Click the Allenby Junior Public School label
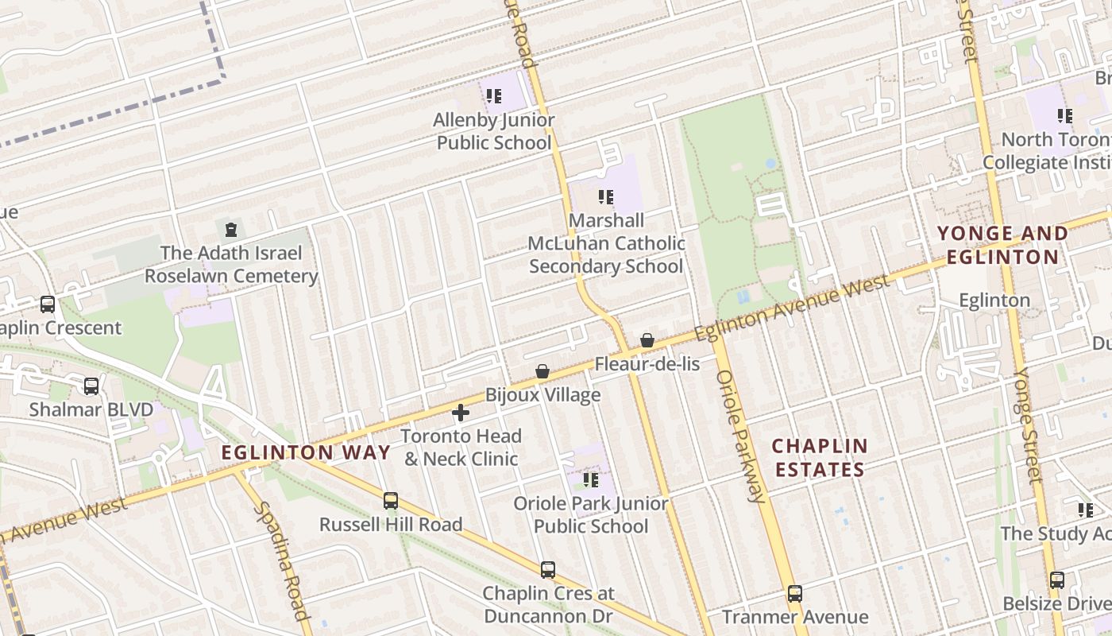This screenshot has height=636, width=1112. (x=493, y=131)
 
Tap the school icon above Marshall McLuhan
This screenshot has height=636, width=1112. (x=605, y=196)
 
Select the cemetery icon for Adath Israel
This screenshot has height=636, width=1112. (x=231, y=231)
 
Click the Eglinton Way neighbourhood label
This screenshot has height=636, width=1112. (x=306, y=453)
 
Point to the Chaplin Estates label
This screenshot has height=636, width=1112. (x=820, y=457)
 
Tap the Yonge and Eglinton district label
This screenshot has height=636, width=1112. (x=1002, y=245)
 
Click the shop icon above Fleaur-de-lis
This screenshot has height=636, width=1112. (x=647, y=340)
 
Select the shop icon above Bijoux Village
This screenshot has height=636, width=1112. (x=542, y=371)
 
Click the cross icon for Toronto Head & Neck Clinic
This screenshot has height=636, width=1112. (x=461, y=413)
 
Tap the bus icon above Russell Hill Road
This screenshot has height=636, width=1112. (x=390, y=501)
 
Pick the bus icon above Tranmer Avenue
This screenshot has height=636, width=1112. (x=794, y=593)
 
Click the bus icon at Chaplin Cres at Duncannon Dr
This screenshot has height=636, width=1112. (x=547, y=569)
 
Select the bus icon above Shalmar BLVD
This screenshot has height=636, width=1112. (x=91, y=386)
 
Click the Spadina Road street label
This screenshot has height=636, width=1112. (x=281, y=560)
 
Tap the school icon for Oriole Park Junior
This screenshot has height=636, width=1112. (x=590, y=479)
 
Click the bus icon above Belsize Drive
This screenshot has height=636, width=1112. (x=1056, y=580)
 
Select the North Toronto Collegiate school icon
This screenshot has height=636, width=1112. (x=1064, y=116)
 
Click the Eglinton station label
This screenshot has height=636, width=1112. (x=994, y=301)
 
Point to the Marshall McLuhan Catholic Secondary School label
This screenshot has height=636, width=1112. (x=606, y=242)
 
